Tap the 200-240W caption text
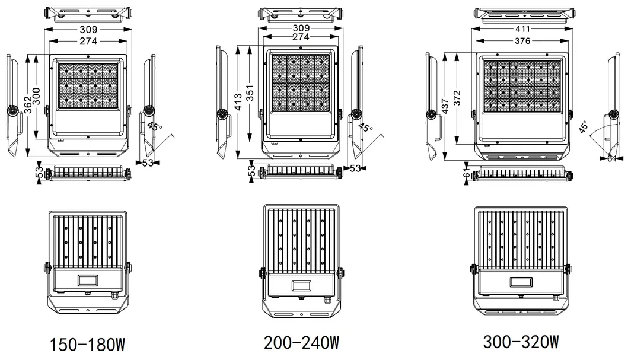click(302, 343)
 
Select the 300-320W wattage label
click(521, 343)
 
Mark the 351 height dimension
click(249, 96)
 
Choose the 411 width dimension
click(522, 28)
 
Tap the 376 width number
click(522, 40)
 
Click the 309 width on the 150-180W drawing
click(88, 28)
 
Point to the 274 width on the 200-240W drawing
click(301, 37)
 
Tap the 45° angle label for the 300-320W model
click(584, 128)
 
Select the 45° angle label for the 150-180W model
click(153, 126)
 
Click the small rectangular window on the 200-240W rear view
click(302, 286)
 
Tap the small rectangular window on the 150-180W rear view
click(87, 280)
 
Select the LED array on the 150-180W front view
click(88, 86)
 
